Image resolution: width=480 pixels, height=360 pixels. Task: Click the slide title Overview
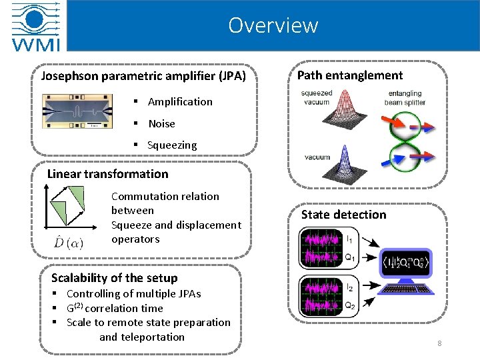click(x=273, y=25)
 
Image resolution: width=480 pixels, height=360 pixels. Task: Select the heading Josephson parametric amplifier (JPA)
click(x=144, y=76)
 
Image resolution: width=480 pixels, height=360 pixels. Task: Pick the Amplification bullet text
click(x=180, y=102)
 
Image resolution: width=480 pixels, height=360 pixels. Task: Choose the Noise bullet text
click(x=161, y=123)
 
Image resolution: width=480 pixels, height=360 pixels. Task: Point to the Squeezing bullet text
click(x=172, y=145)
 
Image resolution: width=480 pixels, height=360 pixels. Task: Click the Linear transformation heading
click(x=108, y=174)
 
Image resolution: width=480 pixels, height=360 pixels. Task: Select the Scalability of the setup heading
click(x=115, y=278)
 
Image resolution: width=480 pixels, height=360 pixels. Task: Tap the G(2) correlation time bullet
click(x=115, y=308)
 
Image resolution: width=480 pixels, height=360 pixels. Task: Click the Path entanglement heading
click(x=350, y=75)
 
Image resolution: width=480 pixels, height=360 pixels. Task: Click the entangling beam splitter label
click(x=406, y=98)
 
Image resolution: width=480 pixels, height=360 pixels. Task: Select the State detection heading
click(x=343, y=215)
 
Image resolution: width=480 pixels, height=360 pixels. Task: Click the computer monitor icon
click(x=407, y=271)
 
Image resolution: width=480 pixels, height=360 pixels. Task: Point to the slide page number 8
click(x=439, y=343)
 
